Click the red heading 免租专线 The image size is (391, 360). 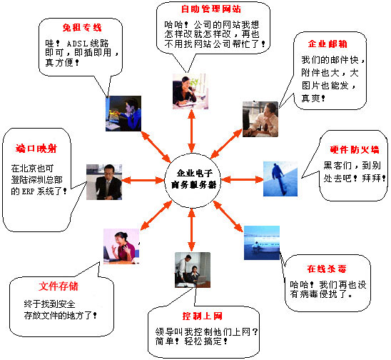[82, 27]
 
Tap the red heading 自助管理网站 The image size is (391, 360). [211, 9]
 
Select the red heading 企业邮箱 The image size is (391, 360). [327, 44]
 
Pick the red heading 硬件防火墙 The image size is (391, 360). [355, 149]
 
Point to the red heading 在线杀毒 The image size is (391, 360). [327, 269]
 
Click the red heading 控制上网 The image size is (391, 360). [202, 316]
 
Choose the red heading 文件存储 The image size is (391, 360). [59, 286]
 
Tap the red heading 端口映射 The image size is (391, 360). [36, 149]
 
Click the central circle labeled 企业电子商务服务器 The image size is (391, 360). [192, 180]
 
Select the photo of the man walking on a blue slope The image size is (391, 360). [280, 179]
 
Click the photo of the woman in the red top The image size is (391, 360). [121, 246]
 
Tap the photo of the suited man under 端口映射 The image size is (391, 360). [104, 182]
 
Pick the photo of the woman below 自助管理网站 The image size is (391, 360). [191, 91]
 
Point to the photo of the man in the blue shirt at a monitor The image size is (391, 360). [123, 114]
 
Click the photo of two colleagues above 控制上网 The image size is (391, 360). [193, 270]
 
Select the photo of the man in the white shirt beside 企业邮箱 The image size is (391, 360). [260, 119]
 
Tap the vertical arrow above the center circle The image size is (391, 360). [191, 131]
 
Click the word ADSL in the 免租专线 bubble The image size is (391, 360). [77, 44]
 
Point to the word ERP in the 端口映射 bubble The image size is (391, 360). [28, 191]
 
